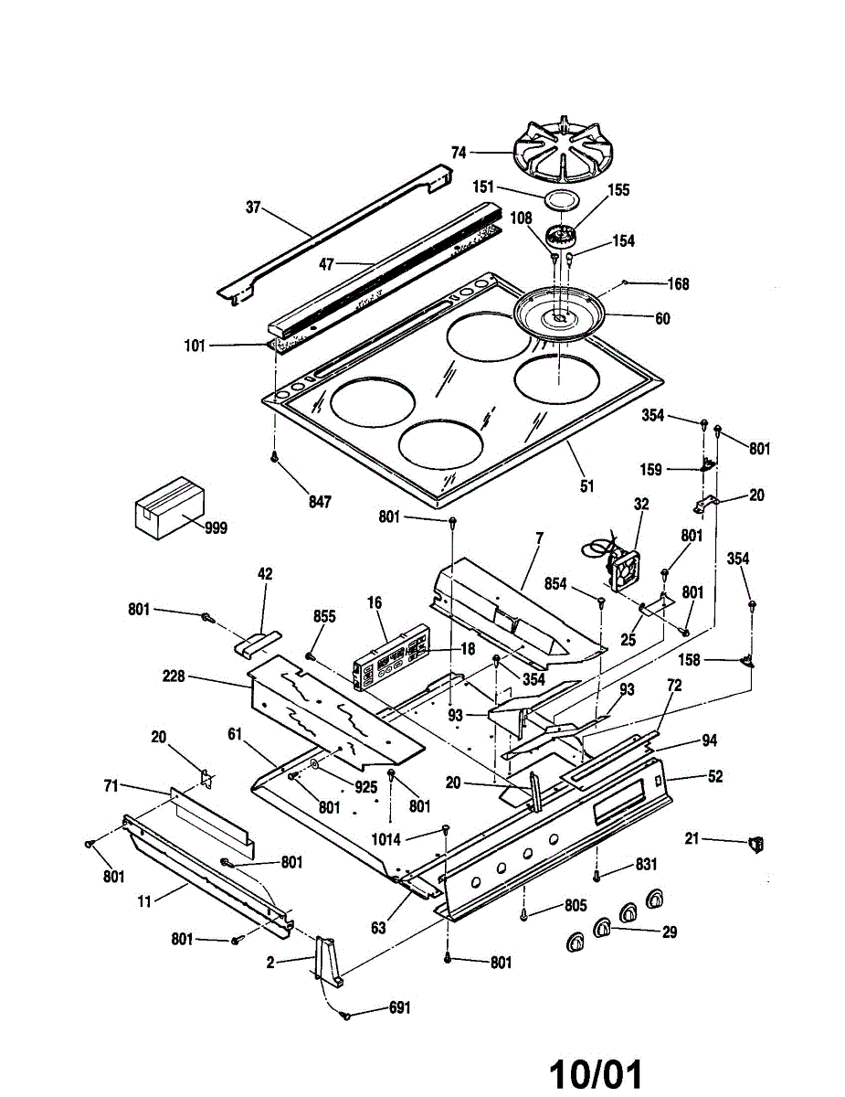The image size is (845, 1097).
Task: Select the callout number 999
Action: tap(217, 527)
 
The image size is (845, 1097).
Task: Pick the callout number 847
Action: tap(319, 501)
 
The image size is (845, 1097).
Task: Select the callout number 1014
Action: tap(385, 836)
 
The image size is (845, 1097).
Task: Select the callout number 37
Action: tap(253, 208)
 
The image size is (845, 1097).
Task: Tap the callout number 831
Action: tap(646, 864)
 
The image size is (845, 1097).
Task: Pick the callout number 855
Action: tap(324, 617)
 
